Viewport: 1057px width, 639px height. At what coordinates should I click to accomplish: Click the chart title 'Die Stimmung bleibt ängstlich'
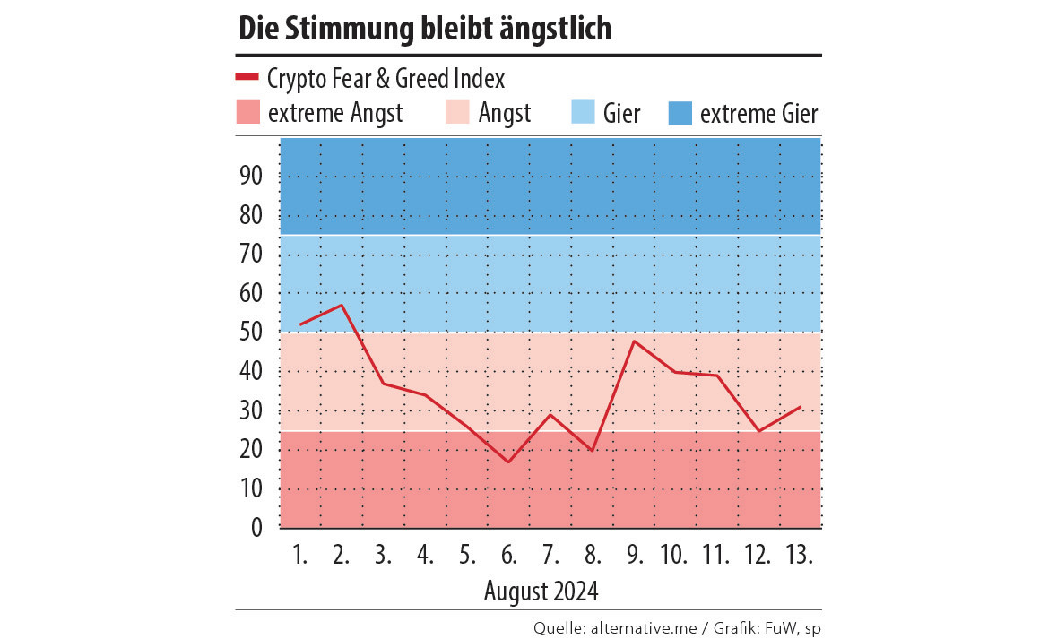pyautogui.click(x=425, y=29)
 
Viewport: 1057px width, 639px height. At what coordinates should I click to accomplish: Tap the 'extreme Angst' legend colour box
pyautogui.click(x=247, y=113)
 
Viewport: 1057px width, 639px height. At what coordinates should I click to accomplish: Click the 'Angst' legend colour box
pyautogui.click(x=457, y=113)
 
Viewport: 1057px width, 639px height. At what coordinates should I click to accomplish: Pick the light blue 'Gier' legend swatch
pyautogui.click(x=583, y=113)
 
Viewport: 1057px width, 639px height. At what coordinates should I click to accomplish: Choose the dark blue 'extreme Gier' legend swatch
pyautogui.click(x=680, y=113)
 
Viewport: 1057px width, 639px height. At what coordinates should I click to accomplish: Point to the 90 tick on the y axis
pyautogui.click(x=250, y=177)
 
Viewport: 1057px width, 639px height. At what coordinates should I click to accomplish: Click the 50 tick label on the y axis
pyautogui.click(x=250, y=332)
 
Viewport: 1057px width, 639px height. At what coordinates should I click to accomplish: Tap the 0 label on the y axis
pyautogui.click(x=256, y=528)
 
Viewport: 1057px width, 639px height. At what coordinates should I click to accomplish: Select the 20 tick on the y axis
pyautogui.click(x=250, y=450)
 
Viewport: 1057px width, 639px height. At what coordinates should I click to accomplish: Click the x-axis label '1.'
pyautogui.click(x=299, y=556)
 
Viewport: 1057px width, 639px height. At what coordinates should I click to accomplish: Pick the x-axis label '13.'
pyautogui.click(x=799, y=556)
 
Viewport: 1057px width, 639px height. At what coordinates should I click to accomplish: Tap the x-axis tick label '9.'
pyautogui.click(x=635, y=556)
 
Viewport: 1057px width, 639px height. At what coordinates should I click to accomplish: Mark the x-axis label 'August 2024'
pyautogui.click(x=541, y=592)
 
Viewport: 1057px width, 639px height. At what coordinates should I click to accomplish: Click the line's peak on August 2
pyautogui.click(x=342, y=305)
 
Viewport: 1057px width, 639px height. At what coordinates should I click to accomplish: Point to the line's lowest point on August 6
pyautogui.click(x=508, y=462)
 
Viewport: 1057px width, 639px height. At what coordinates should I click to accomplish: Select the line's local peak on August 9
pyautogui.click(x=634, y=341)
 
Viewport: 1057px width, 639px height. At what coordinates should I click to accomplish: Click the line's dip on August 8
pyautogui.click(x=592, y=450)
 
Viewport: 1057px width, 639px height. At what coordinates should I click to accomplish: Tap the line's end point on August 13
pyautogui.click(x=800, y=407)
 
